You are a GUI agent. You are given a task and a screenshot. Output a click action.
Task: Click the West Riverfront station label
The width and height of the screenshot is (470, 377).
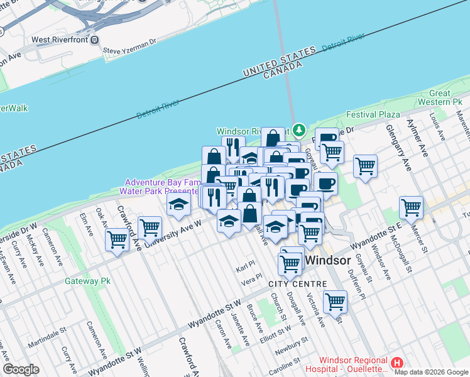coord(59,40)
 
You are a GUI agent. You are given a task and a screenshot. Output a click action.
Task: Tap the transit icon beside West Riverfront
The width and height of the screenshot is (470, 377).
coord(94,40)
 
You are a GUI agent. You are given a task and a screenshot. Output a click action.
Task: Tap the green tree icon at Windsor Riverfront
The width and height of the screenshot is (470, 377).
coord(300,130)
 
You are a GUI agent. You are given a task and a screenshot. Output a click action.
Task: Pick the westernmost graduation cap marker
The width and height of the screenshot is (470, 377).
coord(179,204)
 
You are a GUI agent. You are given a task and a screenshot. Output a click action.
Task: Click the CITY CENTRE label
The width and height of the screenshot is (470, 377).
coord(297,284)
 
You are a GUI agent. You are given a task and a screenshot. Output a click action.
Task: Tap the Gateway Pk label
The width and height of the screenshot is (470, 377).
coord(87,281)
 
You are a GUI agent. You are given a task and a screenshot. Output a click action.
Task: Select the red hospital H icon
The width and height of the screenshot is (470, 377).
coord(397,363)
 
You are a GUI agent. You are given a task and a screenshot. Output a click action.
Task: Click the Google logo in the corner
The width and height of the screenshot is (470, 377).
coord(21,369)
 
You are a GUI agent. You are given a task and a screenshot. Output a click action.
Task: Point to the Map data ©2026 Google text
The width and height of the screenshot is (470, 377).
coord(430,372)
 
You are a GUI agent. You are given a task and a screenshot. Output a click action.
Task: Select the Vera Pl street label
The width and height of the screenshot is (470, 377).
coord(251,277)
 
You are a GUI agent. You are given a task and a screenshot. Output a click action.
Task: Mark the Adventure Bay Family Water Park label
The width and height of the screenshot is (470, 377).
coord(162,186)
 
